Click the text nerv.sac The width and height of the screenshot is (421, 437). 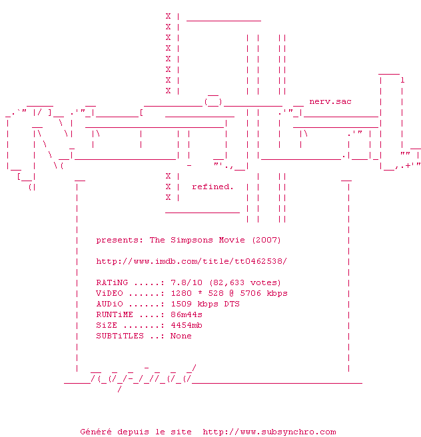coord(330,101)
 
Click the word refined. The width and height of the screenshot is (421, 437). coord(212,187)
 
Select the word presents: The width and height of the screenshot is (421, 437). coord(120,240)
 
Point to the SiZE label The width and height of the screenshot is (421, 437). coord(107,325)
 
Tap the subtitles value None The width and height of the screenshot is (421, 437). coord(181,336)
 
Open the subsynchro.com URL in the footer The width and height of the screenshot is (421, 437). coord(269,432)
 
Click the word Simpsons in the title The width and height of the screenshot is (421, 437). coord(192,240)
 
